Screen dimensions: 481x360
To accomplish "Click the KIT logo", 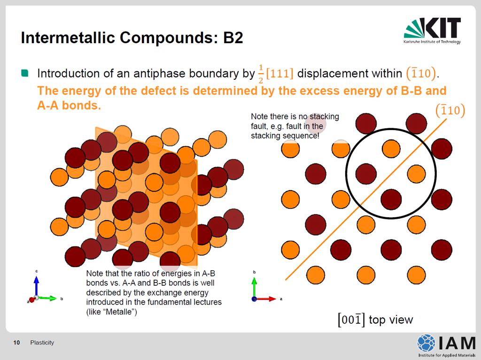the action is [x=432, y=31].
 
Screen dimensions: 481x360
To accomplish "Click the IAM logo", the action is [x=446, y=345].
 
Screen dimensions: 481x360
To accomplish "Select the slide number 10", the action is [x=16, y=343].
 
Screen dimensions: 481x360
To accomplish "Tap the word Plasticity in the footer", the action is [x=42, y=343].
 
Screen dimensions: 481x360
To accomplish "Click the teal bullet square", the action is [x=24, y=73].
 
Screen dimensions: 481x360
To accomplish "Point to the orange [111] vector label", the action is [x=280, y=73].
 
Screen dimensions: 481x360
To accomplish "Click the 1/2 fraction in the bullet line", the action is [x=261, y=74].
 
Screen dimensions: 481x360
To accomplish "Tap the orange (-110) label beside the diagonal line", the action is [x=450, y=110].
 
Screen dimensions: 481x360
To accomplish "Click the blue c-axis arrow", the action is [x=37, y=286].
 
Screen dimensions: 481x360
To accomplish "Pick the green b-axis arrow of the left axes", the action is [x=47, y=298].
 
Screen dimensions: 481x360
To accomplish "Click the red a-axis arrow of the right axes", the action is [x=266, y=299].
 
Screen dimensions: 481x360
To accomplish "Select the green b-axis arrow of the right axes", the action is [x=254, y=287].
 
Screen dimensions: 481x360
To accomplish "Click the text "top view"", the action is [x=391, y=320].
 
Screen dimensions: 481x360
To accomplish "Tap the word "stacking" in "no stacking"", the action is [x=324, y=116].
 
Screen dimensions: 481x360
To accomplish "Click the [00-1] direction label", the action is [x=351, y=320].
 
